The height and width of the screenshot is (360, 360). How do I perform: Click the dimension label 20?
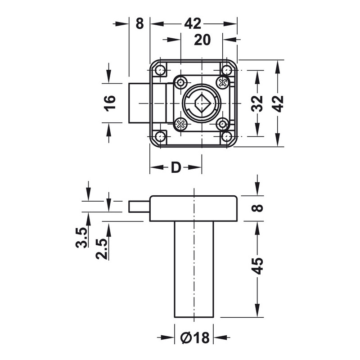[x=202, y=40]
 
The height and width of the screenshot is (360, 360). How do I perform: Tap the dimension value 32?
[x=257, y=103]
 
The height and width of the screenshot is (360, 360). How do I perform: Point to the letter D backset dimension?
[x=175, y=167]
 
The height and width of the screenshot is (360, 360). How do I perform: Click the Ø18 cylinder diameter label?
[x=193, y=337]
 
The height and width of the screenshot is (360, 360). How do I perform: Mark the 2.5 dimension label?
[x=102, y=249]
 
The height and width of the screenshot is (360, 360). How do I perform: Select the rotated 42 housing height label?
[x=279, y=103]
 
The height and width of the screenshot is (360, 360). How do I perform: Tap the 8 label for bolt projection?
[x=139, y=23]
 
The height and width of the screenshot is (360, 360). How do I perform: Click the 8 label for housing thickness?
[x=257, y=208]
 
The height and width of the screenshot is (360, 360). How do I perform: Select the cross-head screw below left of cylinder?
[x=180, y=124]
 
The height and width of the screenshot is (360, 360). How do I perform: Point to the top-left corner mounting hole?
[x=160, y=70]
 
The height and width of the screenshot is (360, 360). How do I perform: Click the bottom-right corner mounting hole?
[x=227, y=136]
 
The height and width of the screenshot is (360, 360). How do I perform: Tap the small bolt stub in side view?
[x=139, y=206]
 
